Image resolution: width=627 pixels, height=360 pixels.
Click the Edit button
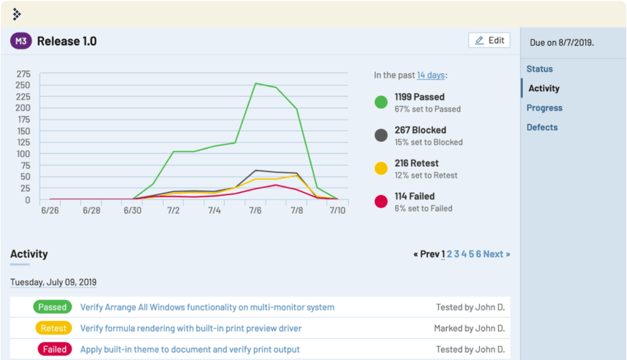click(489, 41)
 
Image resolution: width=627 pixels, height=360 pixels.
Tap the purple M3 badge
click(21, 41)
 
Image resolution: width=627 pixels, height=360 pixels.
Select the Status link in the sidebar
click(539, 69)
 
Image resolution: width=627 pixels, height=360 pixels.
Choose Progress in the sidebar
click(544, 108)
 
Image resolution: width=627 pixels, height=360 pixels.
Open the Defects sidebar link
click(542, 128)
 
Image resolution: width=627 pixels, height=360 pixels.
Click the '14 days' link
click(430, 76)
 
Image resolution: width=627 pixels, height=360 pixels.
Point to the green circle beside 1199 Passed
click(381, 103)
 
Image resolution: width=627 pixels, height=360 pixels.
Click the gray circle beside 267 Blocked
click(381, 136)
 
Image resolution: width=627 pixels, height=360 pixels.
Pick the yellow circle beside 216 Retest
click(381, 169)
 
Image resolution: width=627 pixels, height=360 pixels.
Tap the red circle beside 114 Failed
click(381, 202)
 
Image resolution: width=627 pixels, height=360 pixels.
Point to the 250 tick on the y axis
click(23, 85)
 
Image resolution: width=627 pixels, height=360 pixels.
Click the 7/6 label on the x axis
click(255, 211)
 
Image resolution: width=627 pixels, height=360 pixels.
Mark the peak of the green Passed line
click(255, 83)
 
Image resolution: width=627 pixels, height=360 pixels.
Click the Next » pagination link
click(497, 254)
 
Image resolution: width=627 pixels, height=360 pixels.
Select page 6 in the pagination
click(478, 254)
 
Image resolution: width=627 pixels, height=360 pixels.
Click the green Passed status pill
click(52, 307)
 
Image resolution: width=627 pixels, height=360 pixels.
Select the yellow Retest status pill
click(53, 328)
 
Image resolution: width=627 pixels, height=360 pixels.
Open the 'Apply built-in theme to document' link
click(190, 350)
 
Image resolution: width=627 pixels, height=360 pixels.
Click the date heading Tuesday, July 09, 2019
click(53, 282)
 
